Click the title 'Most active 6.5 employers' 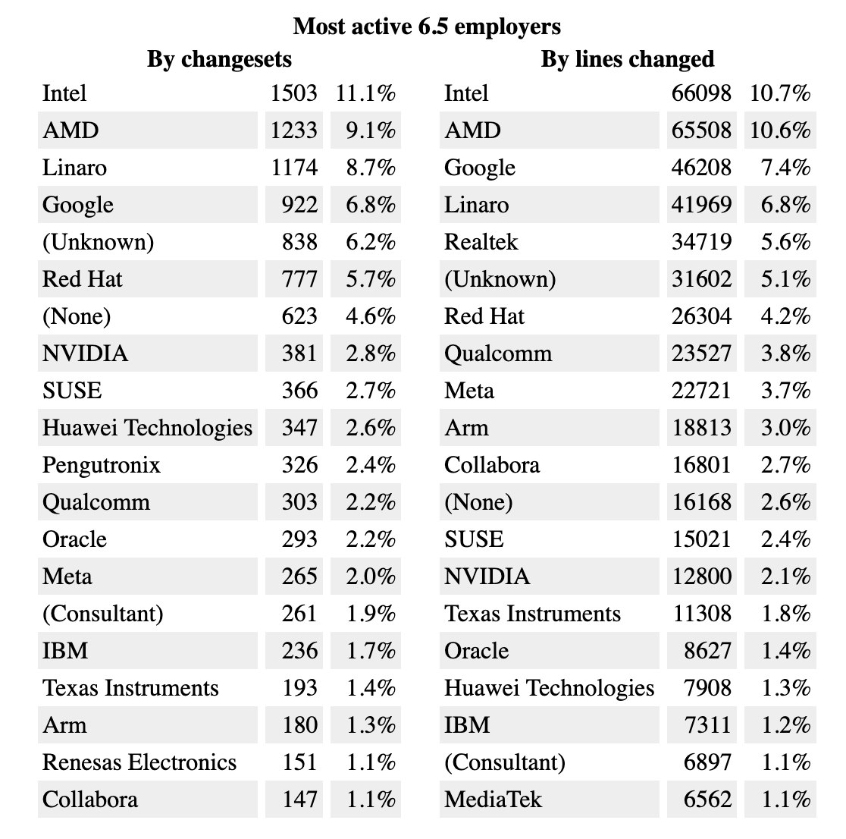tap(427, 27)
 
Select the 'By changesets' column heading tap(219, 59)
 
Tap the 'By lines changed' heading tap(627, 59)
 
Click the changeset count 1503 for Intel tap(293, 93)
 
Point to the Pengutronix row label tap(102, 465)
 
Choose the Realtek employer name tap(481, 242)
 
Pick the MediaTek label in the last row tap(493, 800)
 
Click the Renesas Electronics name tap(139, 762)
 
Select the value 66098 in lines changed tap(701, 93)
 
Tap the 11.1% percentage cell tap(365, 93)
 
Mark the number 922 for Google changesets tap(299, 205)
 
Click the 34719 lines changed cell tap(701, 242)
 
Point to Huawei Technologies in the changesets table tap(147, 428)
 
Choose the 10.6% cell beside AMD tap(780, 130)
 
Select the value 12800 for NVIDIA tap(701, 577)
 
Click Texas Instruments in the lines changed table tap(532, 614)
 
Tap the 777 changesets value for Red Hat tap(299, 279)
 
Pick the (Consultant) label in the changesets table tap(103, 614)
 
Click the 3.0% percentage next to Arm tap(786, 428)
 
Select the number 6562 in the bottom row tap(707, 800)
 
